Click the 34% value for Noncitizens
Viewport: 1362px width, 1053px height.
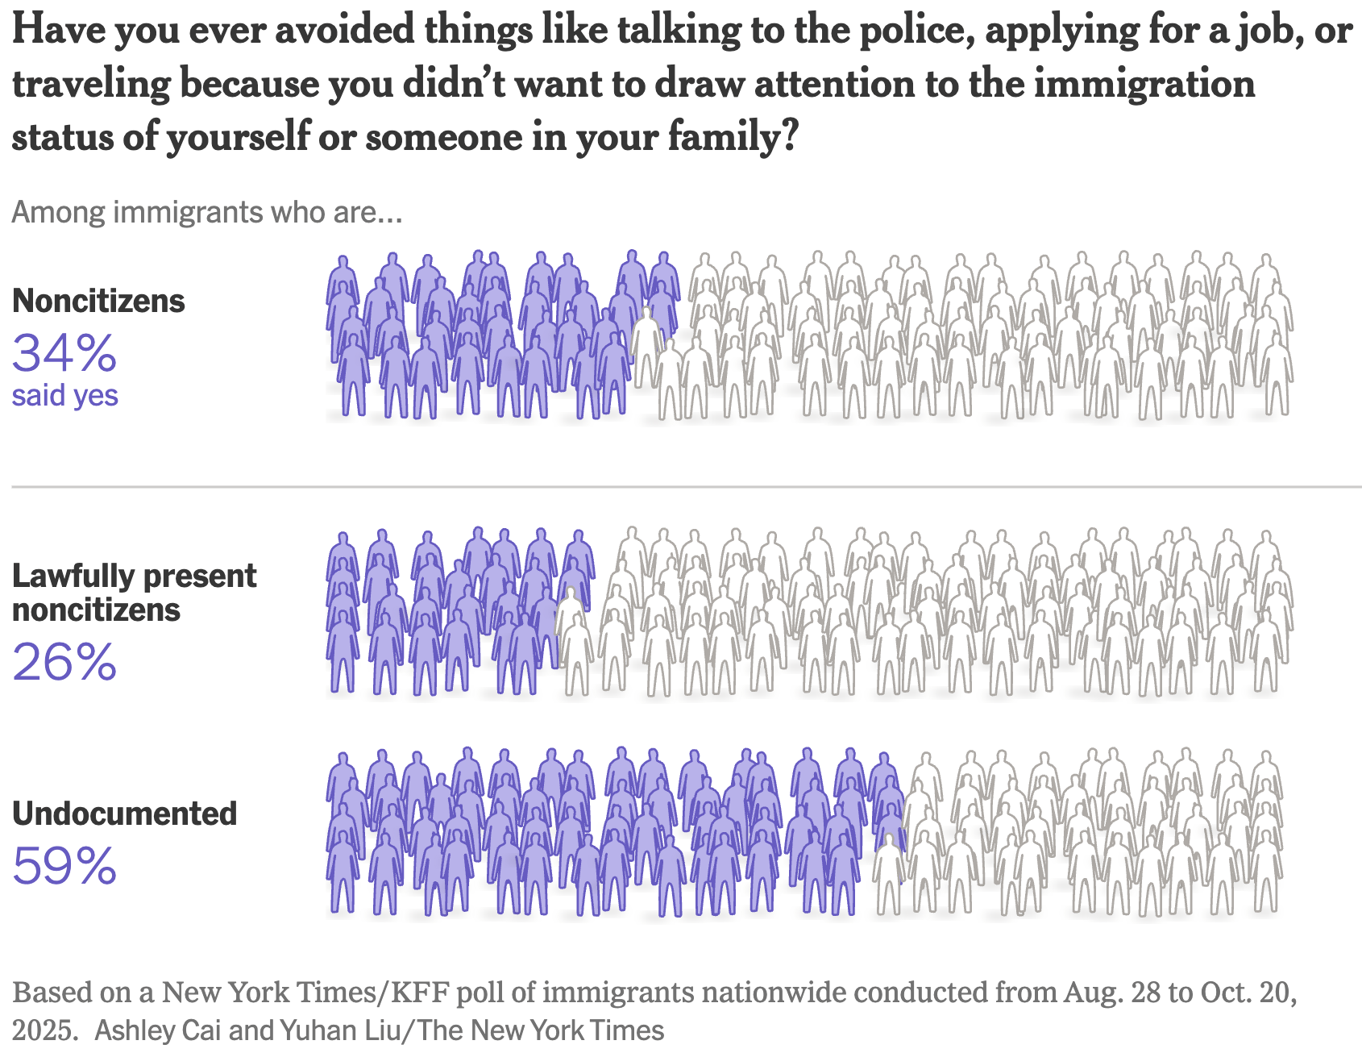(x=64, y=353)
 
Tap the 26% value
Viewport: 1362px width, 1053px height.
(x=64, y=662)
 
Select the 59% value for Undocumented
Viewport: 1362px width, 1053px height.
(x=64, y=866)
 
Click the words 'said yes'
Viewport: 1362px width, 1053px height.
(x=64, y=396)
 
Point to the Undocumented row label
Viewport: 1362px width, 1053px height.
(x=124, y=814)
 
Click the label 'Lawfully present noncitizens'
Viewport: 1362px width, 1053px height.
(x=134, y=593)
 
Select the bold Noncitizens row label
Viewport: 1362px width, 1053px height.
(x=98, y=301)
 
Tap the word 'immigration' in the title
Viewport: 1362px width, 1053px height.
(x=1144, y=84)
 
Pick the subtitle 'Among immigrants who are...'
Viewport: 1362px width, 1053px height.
(x=206, y=212)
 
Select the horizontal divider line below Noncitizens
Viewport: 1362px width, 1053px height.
(x=685, y=487)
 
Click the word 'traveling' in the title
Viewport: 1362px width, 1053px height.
(x=91, y=84)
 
